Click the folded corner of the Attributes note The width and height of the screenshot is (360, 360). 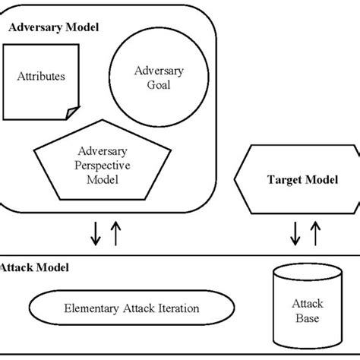(x=71, y=113)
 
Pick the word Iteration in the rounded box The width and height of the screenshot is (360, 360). (x=176, y=308)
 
